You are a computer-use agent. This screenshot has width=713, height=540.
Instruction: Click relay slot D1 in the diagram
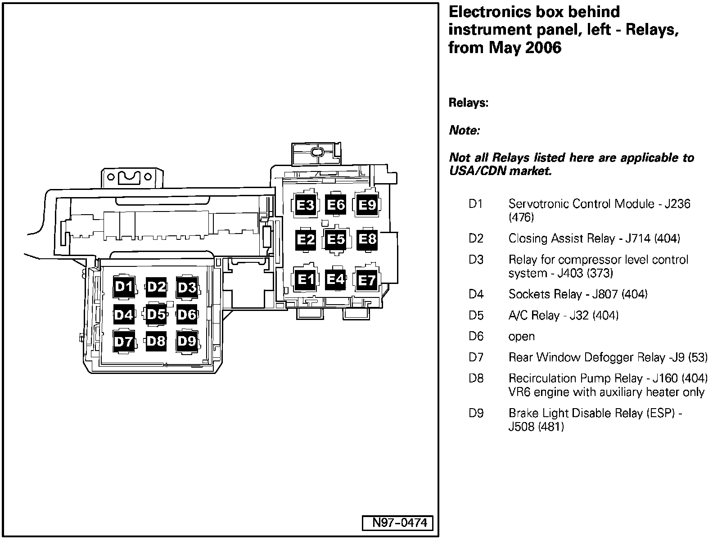pos(124,287)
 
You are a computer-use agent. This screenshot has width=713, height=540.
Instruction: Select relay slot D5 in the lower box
pos(156,314)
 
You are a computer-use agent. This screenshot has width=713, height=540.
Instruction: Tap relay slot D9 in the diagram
pos(187,341)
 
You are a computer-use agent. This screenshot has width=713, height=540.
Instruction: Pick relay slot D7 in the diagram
pos(124,342)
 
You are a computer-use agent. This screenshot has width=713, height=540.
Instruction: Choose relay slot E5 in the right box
pos(336,239)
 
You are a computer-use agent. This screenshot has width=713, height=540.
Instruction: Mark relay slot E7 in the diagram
pos(367,281)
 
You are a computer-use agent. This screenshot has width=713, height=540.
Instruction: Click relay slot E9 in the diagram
pos(367,205)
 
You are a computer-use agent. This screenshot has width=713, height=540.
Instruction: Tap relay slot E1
pos(306,280)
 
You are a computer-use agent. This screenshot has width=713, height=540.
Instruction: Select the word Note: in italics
pos(465,130)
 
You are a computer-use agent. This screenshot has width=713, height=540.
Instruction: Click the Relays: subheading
pos(468,103)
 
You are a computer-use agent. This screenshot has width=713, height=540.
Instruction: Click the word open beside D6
pos(521,337)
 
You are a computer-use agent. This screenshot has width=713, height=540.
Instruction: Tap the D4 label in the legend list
pos(476,294)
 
